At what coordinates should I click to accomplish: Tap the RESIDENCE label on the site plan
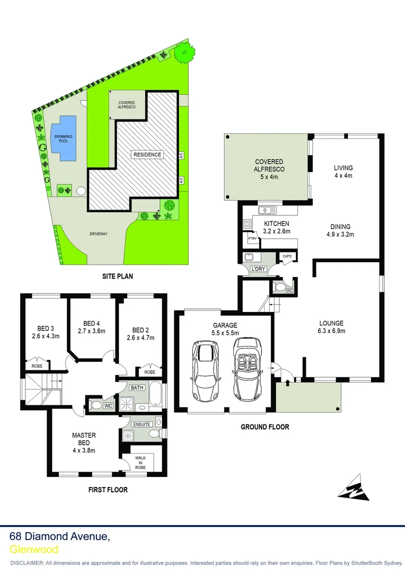click(x=147, y=154)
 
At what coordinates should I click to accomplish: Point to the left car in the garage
click(x=205, y=371)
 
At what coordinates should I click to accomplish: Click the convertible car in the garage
click(x=246, y=370)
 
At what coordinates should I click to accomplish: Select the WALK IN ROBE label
click(x=140, y=461)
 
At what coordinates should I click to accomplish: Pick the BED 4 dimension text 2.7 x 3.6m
click(x=92, y=331)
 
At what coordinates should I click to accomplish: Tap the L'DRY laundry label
click(x=258, y=269)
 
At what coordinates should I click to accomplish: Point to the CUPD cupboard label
click(x=287, y=256)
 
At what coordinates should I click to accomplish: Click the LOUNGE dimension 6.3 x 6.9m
click(x=331, y=332)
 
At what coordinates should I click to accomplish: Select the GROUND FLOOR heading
click(x=265, y=427)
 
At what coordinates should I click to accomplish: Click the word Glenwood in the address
click(x=34, y=550)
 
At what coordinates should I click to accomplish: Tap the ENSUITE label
click(x=143, y=424)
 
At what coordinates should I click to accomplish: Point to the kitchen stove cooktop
click(x=248, y=224)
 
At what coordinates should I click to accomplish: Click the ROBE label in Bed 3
click(x=37, y=366)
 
